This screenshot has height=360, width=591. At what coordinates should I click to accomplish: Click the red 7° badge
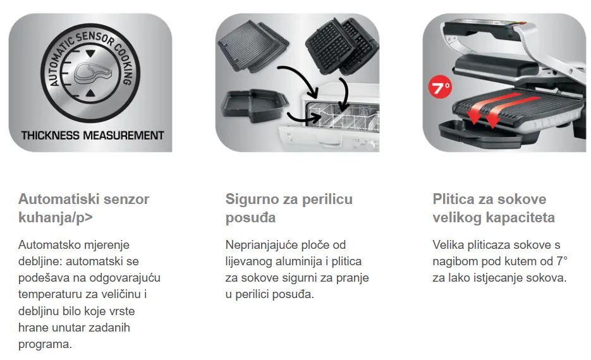440,87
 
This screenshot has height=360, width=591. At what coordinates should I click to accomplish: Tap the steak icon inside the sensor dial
93,73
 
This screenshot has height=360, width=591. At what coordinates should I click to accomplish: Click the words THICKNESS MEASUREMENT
92,136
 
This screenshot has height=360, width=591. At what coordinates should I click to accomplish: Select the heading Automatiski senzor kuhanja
83,208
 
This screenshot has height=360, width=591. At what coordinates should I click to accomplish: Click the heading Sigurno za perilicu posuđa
289,208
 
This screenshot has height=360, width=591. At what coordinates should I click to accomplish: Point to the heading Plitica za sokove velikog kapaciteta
494,208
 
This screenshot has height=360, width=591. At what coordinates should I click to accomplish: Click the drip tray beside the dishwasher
255,106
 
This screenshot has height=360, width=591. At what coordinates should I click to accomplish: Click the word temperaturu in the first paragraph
50,294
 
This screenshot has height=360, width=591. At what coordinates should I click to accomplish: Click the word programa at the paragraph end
45,344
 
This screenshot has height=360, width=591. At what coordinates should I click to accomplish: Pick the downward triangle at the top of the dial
90,53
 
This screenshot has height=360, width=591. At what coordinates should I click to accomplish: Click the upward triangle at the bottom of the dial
90,93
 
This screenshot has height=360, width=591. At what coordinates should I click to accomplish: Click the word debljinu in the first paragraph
39,311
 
